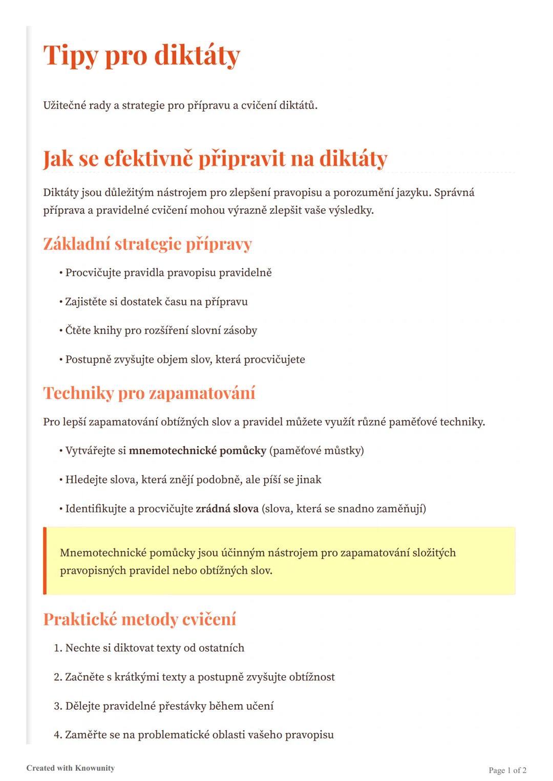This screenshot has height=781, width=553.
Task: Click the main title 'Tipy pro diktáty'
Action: click(141, 55)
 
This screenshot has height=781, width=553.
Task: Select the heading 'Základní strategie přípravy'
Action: click(147, 244)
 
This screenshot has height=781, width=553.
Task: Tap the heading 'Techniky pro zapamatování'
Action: click(149, 393)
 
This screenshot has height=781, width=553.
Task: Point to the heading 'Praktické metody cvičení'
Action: click(140, 619)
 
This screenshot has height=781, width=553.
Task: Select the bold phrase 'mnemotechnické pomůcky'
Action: click(197, 451)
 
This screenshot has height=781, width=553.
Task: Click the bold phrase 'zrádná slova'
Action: click(227, 509)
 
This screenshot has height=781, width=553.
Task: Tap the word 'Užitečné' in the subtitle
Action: click(64, 105)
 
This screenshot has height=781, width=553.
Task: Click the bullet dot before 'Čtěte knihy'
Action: click(61, 331)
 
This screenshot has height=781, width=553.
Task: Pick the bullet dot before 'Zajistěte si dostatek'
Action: click(61, 302)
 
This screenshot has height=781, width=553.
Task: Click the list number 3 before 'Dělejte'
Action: click(57, 706)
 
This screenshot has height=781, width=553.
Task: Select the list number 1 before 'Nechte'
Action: click(57, 648)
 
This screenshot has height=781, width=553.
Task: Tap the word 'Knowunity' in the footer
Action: click(95, 768)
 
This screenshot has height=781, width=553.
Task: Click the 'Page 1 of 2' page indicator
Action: click(507, 770)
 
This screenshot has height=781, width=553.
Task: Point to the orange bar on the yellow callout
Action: click(45, 561)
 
